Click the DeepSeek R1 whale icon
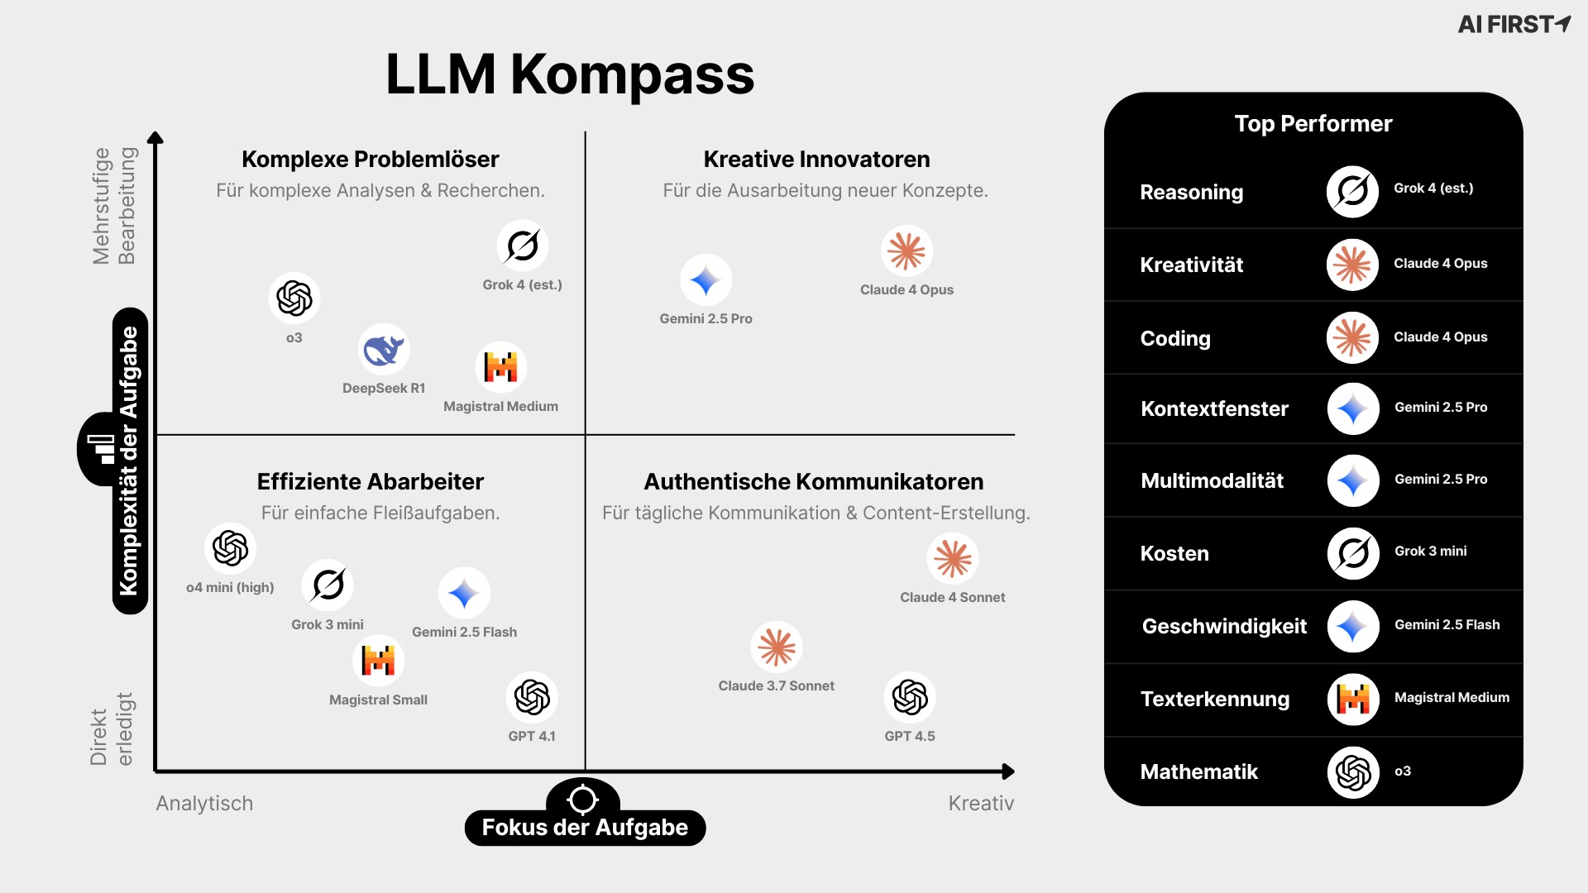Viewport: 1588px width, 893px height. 384,350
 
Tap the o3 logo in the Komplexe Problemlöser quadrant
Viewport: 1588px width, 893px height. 294,298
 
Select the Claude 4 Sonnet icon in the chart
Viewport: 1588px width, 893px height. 953,559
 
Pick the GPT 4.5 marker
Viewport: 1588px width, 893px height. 910,697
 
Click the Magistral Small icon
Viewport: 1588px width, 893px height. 379,661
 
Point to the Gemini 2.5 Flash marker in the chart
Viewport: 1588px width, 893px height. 464,593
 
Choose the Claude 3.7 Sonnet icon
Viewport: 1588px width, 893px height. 777,647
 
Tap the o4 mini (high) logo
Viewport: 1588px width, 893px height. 230,548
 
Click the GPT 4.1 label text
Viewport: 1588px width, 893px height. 532,736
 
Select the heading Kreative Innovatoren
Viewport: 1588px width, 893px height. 816,159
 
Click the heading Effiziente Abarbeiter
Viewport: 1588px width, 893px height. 370,481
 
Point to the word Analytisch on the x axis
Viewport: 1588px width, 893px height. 204,803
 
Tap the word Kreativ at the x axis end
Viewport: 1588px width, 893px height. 981,803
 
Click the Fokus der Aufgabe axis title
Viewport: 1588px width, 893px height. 585,827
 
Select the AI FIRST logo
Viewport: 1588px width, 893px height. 1514,24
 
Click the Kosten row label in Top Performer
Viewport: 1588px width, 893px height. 1174,553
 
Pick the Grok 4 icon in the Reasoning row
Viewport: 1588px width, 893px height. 1352,192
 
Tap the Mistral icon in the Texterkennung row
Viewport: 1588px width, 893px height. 1353,700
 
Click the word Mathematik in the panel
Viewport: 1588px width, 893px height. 1198,771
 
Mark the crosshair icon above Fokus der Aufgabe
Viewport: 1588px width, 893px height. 582,799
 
